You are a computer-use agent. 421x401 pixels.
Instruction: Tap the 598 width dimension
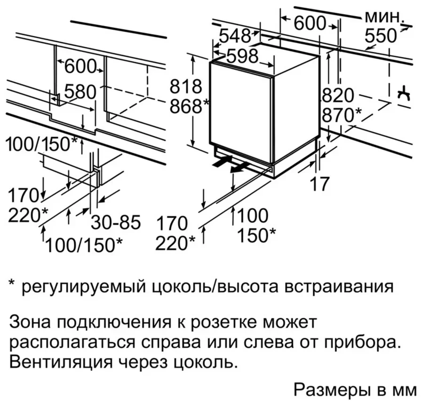(x=243, y=56)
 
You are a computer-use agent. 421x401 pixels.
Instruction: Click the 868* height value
(x=189, y=107)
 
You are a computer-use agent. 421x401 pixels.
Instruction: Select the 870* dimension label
(x=342, y=115)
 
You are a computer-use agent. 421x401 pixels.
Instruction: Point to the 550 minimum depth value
(x=381, y=36)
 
